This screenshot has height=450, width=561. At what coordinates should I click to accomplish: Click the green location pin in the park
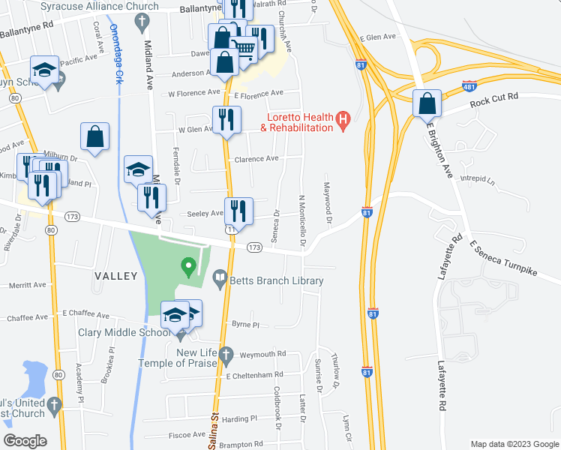189,266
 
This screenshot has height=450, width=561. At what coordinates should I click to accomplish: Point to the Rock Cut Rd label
494,97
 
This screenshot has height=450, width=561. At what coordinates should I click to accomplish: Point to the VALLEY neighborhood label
115,276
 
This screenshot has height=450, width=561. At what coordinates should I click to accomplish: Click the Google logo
25,441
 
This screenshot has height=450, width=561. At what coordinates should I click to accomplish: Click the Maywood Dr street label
327,202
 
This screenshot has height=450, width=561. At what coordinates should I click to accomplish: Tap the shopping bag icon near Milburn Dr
95,136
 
